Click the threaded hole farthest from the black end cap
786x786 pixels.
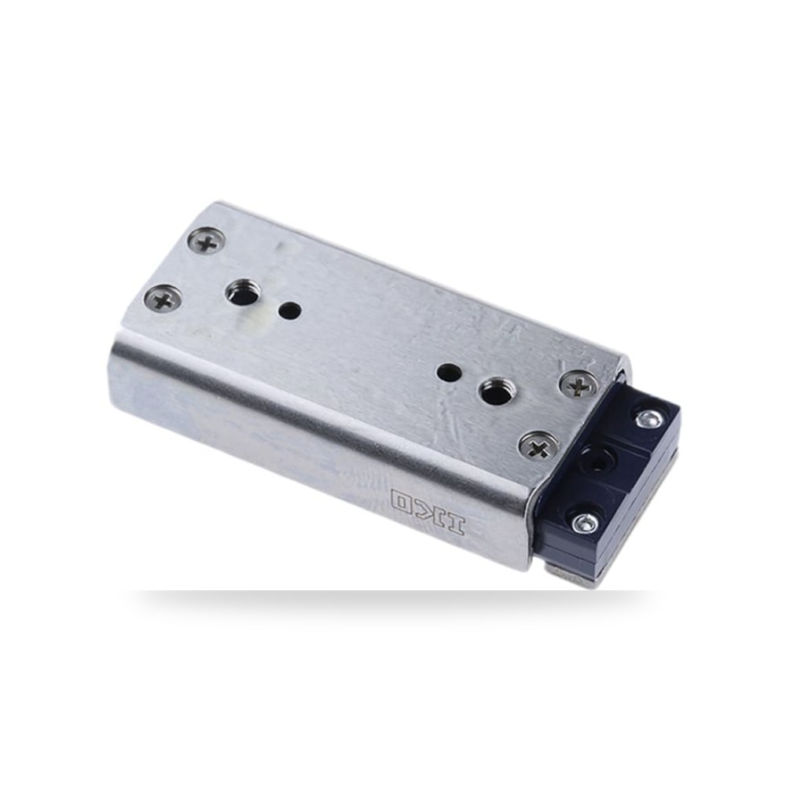coord(241,294)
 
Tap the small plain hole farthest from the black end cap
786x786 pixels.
coord(290,310)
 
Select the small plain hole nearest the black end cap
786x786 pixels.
coord(448,372)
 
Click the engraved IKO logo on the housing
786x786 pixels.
coord(428,512)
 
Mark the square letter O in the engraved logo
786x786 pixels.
coord(404,501)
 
